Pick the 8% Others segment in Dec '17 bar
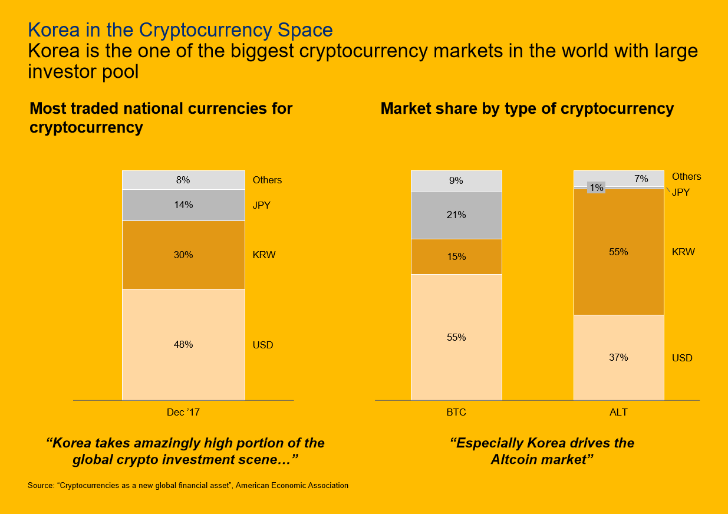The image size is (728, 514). (x=183, y=180)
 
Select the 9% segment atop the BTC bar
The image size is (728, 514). (x=456, y=180)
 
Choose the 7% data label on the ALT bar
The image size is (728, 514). (x=641, y=179)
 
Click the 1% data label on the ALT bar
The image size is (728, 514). (x=597, y=187)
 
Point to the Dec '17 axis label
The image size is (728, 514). (x=183, y=413)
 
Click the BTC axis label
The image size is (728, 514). (x=456, y=413)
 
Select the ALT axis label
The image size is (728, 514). (x=618, y=413)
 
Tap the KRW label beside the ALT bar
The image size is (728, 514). (x=683, y=252)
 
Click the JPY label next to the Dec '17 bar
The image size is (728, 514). (x=261, y=206)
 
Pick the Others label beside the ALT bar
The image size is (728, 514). (x=687, y=177)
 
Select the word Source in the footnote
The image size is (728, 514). (x=40, y=486)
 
